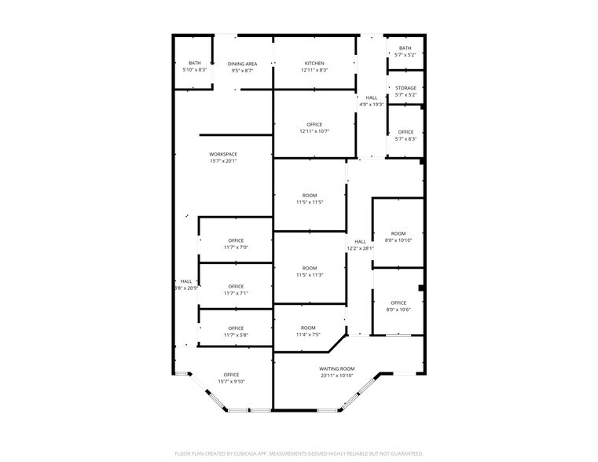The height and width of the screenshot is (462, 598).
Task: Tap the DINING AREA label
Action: tap(242, 64)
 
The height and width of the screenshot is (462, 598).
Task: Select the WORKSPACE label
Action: tap(223, 154)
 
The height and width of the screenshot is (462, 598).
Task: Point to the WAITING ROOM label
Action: tap(336, 368)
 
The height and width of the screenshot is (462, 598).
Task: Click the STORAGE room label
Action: tap(405, 88)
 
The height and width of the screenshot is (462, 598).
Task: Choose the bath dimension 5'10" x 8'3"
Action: tap(194, 71)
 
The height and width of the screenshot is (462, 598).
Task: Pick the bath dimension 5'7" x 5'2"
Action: tap(405, 55)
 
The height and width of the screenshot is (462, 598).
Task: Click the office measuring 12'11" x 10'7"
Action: tap(314, 131)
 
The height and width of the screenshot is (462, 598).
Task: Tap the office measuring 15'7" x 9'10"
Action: tap(231, 382)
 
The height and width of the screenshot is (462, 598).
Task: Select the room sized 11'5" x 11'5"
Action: tap(310, 202)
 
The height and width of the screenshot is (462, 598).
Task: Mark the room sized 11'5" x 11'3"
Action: tap(310, 275)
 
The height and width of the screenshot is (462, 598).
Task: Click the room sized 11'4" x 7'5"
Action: tap(307, 335)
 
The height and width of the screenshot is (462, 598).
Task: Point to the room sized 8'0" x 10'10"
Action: tap(398, 240)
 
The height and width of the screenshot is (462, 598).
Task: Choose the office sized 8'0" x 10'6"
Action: tap(398, 310)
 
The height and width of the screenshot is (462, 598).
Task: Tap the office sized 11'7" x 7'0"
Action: tap(236, 247)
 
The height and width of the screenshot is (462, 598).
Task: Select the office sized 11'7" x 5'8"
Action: tap(236, 335)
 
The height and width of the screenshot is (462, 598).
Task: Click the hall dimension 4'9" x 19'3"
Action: tap(371, 104)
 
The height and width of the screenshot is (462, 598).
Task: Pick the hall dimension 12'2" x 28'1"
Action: tap(360, 248)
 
